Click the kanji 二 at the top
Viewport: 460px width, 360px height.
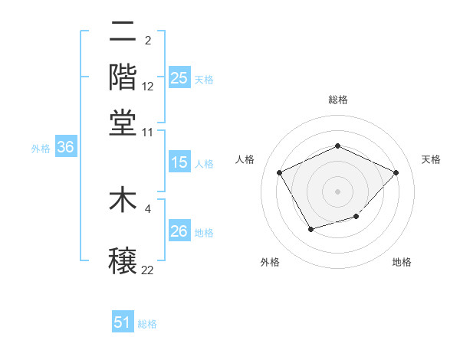123,31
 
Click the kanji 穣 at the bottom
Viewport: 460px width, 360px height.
123,260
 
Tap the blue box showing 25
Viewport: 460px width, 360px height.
179,77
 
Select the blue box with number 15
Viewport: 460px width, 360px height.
179,162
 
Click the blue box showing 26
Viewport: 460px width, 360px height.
179,231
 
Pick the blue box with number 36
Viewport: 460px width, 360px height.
65,148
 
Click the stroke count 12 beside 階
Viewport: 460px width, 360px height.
148,87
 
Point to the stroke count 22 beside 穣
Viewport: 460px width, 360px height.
148,270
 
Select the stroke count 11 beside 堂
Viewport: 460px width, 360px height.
148,131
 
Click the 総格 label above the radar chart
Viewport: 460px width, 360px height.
337,100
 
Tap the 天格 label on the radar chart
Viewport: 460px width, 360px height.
431,159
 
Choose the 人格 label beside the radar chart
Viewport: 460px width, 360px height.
245,159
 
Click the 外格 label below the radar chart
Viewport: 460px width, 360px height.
270,262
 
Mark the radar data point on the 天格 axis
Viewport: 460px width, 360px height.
396,172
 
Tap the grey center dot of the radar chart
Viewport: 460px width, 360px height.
337,191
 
